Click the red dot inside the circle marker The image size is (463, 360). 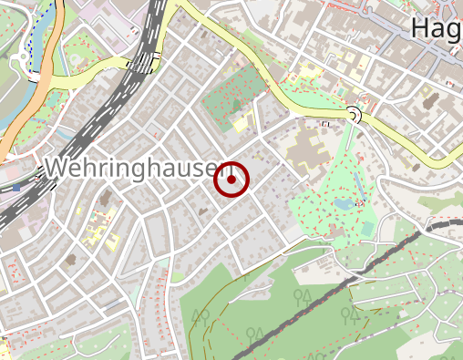[231, 180]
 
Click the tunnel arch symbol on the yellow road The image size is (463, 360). [353, 114]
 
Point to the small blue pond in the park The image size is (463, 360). [343, 204]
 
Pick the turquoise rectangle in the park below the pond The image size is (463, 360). [366, 229]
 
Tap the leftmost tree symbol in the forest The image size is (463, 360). [200, 316]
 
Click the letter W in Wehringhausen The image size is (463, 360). [56, 170]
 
